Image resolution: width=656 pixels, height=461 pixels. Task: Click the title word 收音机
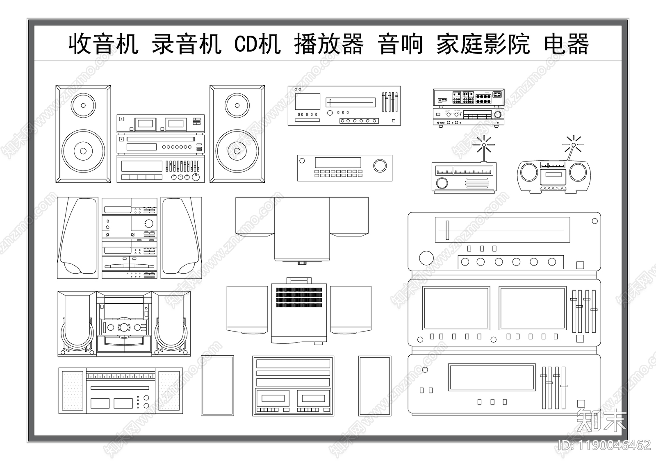tap(103, 44)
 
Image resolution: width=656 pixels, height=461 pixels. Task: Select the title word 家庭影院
tap(483, 44)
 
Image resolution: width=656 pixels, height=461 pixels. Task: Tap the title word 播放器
tap(328, 44)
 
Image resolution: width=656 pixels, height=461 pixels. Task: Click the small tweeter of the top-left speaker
tap(83, 105)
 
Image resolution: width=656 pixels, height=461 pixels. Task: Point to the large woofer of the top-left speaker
tap(83, 151)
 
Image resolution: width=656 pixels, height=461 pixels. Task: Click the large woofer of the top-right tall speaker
tap(237, 151)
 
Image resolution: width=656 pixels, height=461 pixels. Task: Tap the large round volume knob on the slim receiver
tap(380, 166)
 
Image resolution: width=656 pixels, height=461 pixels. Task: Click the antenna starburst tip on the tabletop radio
tap(483, 145)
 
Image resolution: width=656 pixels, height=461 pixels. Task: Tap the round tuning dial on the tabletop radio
tap(442, 183)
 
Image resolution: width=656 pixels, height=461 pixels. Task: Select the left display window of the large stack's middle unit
tap(456, 308)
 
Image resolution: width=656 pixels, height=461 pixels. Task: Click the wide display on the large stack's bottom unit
tap(492, 377)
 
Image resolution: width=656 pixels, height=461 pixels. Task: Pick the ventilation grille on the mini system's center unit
tap(299, 297)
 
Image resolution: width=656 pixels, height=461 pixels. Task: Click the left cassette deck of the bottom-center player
tap(273, 398)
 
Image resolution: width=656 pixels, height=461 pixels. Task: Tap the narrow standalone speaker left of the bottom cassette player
tap(217, 386)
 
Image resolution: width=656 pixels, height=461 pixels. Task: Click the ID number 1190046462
tap(604, 445)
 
